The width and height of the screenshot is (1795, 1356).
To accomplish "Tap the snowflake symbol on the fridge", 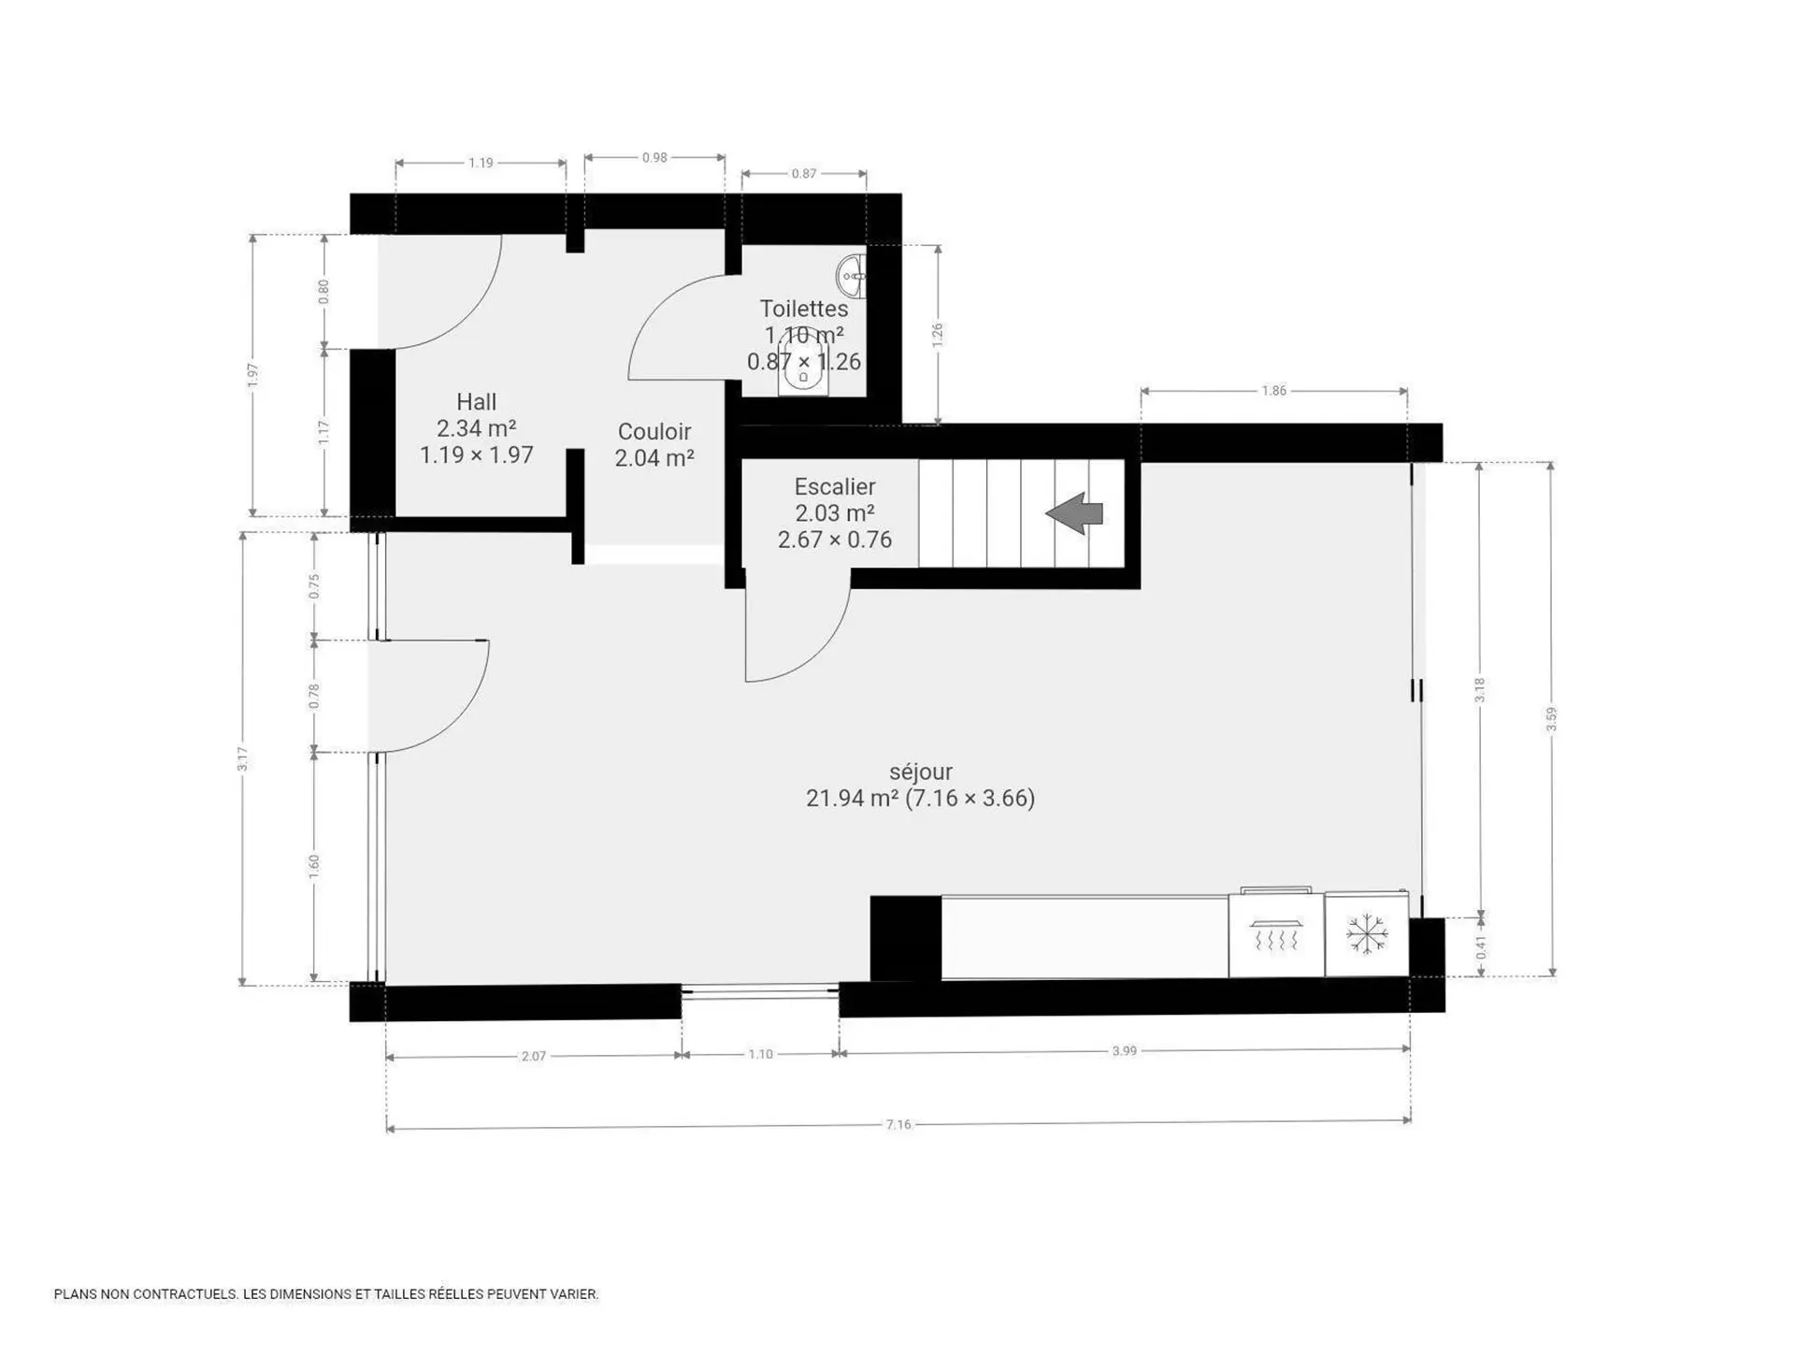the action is (1366, 934).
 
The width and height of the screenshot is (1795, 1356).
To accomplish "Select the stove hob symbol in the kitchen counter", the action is (1276, 935).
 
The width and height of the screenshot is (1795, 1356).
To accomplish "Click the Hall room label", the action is (476, 402).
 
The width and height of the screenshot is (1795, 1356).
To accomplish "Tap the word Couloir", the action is (654, 432).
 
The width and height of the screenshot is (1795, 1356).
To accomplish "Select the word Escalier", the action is (835, 486).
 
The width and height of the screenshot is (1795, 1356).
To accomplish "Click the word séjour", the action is (921, 772).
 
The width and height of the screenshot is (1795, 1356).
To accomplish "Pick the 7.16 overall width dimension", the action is (898, 1124).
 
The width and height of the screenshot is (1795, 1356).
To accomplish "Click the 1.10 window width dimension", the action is (761, 1054).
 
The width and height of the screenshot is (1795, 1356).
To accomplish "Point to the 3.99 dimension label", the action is (1125, 1051).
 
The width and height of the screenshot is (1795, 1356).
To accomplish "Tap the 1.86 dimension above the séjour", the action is (1274, 391).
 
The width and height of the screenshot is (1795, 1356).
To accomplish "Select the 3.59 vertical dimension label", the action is (1552, 718).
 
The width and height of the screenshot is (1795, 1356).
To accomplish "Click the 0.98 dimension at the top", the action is (655, 158).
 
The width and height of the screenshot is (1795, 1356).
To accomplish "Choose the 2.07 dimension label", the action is (534, 1057).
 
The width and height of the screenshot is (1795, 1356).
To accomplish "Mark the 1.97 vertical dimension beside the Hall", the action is (252, 375).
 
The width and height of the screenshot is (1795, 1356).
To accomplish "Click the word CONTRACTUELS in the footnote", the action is (184, 1294).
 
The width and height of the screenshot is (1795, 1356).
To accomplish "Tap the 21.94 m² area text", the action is (853, 798).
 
